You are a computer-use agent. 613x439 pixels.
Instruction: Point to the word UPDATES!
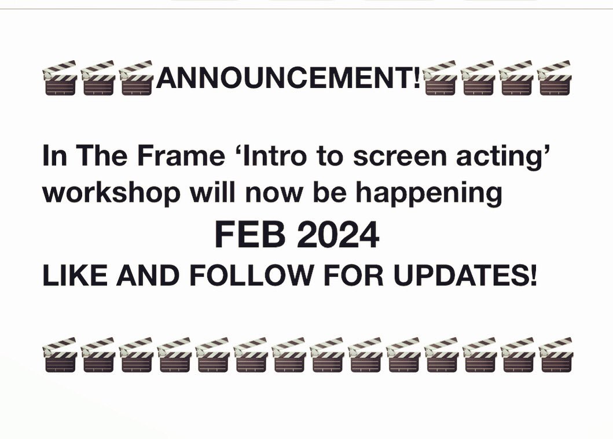466,276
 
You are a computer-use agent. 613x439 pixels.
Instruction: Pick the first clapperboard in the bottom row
60,354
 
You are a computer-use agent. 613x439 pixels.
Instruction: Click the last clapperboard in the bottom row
555,354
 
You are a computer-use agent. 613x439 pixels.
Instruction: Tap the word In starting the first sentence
55,158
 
